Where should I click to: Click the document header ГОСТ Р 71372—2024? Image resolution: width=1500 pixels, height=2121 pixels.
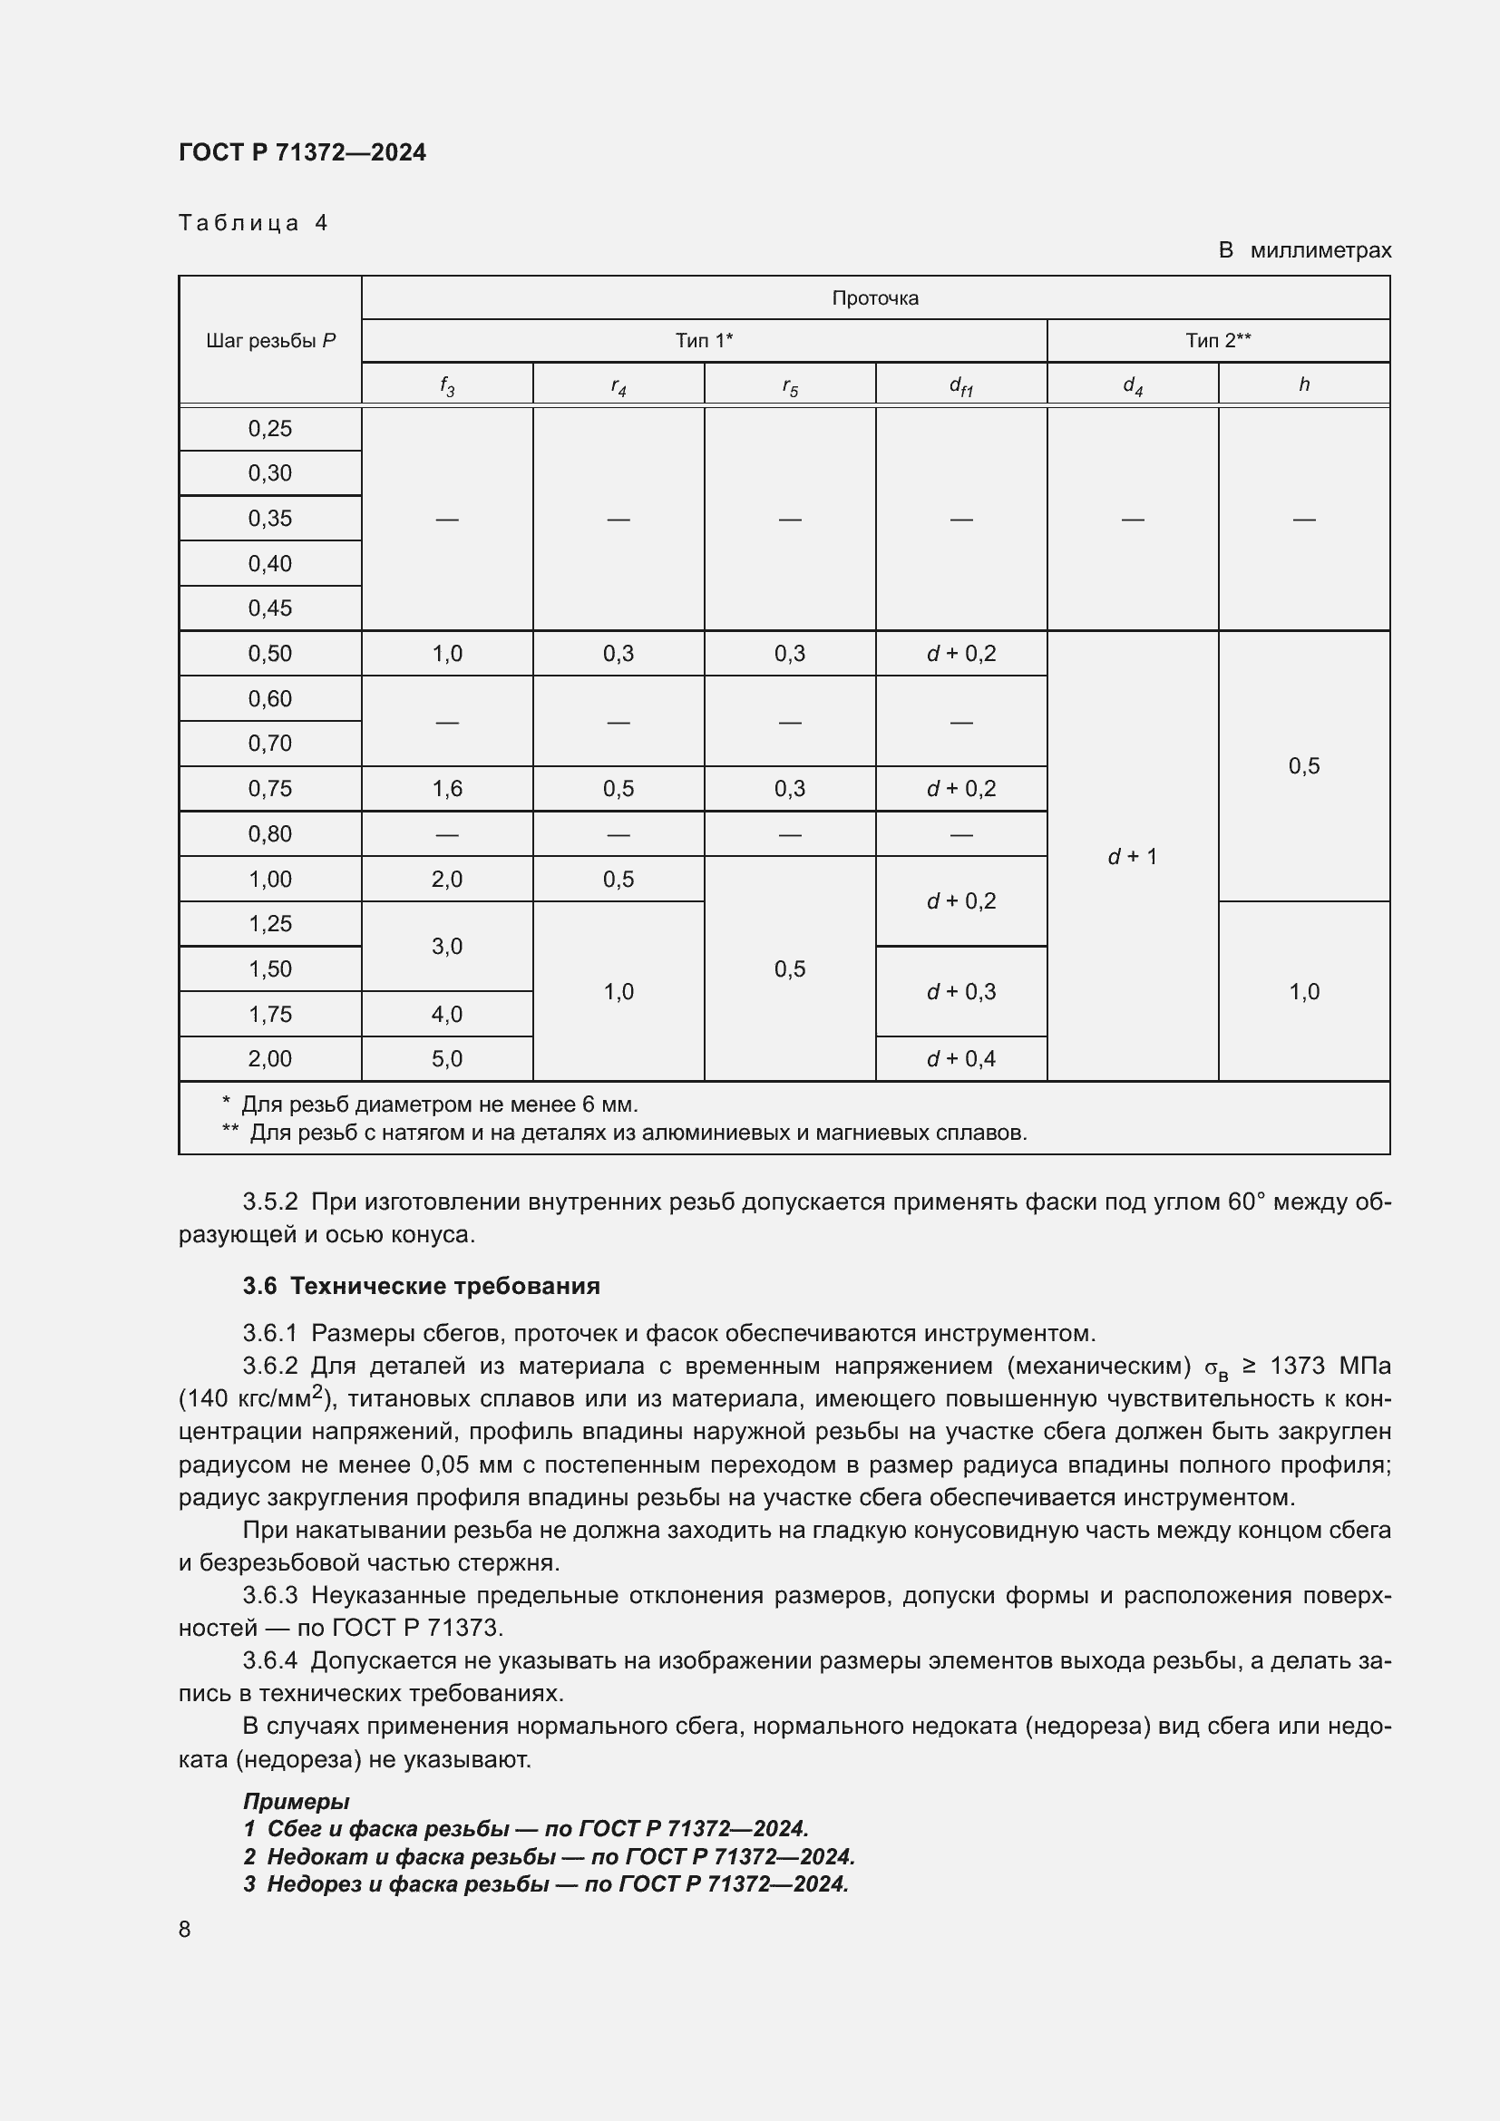[x=302, y=152]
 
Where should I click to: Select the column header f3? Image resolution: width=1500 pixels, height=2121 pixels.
[x=447, y=385]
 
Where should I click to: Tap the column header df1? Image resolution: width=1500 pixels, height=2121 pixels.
[x=960, y=385]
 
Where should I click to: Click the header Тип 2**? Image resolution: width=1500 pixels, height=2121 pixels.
[x=1217, y=341]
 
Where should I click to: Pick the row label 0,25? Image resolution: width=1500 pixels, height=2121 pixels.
[x=269, y=429]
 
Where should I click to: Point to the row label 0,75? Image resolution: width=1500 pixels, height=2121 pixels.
[x=269, y=789]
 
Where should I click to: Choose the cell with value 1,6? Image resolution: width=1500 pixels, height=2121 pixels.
[x=447, y=789]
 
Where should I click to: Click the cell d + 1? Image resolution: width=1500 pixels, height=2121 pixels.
[x=1133, y=856]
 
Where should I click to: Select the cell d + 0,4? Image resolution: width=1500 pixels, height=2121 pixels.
[x=960, y=1058]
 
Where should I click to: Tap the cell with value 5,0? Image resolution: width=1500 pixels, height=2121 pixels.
[x=447, y=1058]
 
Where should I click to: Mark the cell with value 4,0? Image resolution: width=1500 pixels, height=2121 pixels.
[x=447, y=1015]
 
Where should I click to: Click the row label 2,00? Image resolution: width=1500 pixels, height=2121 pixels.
[x=269, y=1058]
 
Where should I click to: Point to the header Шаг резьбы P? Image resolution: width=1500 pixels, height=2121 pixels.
[x=269, y=341]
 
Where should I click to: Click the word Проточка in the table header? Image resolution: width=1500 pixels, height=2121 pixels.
[x=874, y=298]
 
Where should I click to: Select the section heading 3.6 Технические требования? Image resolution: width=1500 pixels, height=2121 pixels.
[x=421, y=1286]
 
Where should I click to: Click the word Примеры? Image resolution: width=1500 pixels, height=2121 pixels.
[x=296, y=1801]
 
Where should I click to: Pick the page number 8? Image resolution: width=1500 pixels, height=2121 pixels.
[x=185, y=1930]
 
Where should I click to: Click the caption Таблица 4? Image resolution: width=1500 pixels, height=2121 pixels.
[x=253, y=224]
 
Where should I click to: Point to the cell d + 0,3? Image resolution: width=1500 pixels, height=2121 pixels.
[x=960, y=991]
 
